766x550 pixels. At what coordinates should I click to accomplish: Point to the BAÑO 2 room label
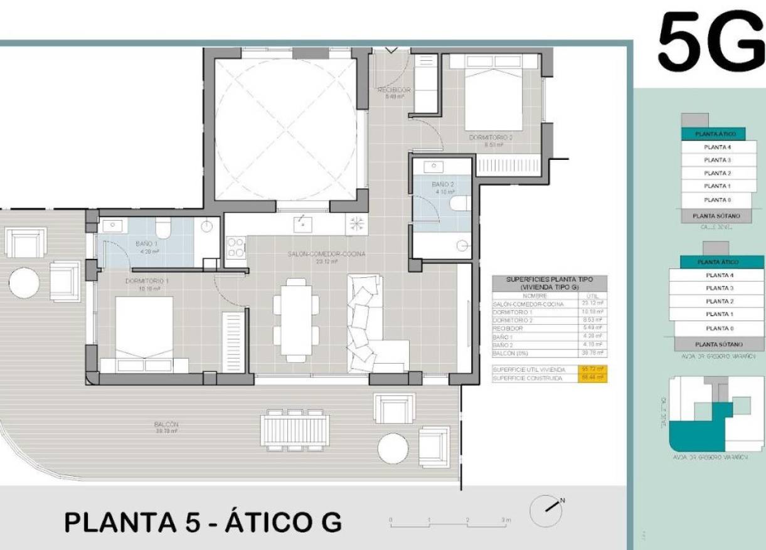click(443, 188)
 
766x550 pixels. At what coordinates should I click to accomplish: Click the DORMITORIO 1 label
click(145, 285)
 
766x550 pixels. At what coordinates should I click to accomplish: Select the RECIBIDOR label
click(394, 93)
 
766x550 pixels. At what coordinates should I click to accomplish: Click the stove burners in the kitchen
click(236, 247)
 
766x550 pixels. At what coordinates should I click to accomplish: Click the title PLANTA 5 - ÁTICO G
click(203, 522)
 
